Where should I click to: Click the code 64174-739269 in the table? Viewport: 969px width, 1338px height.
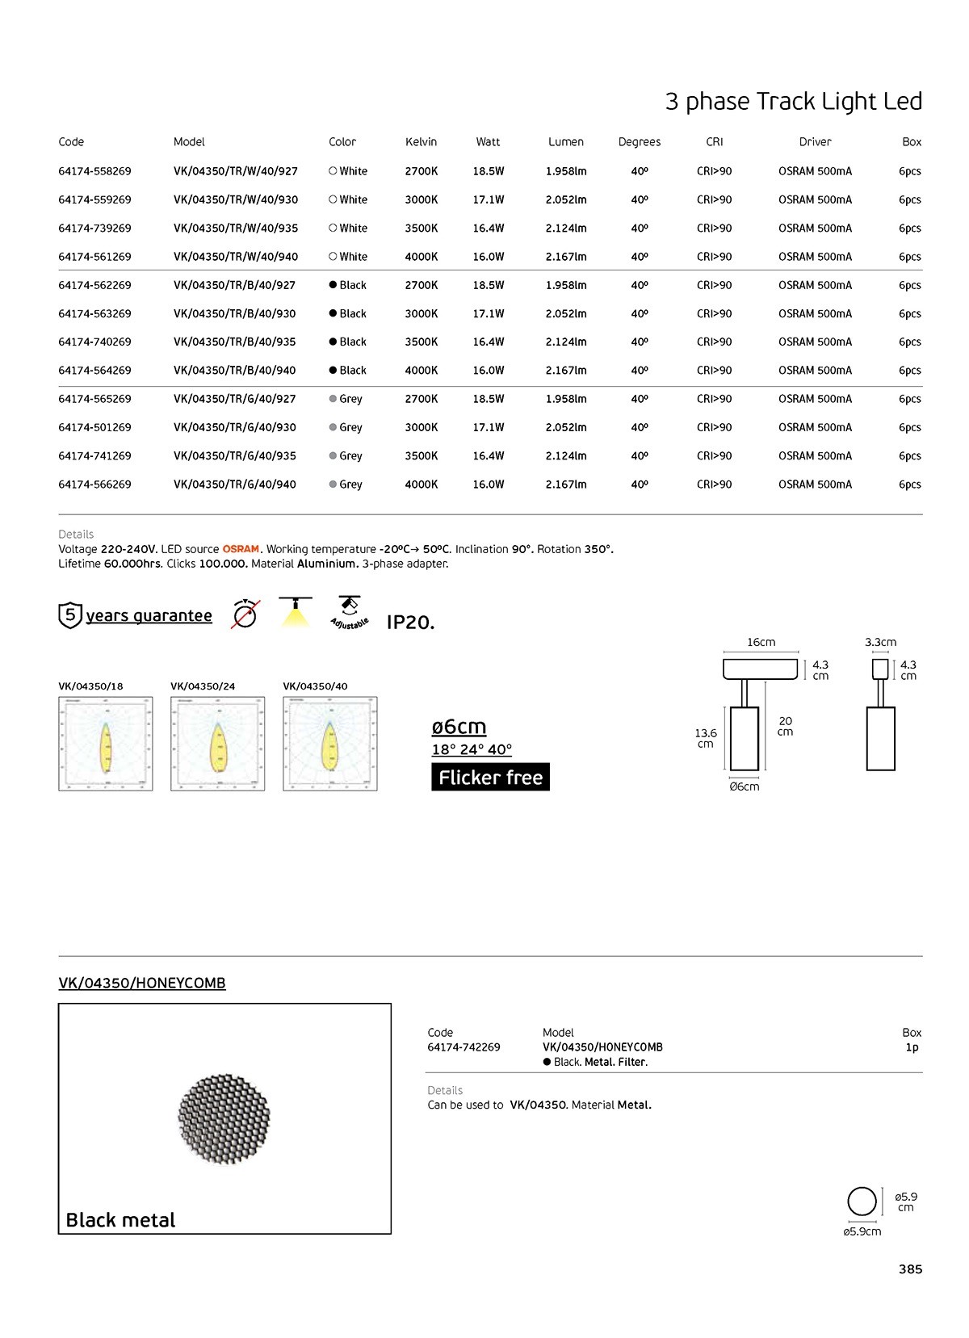click(94, 229)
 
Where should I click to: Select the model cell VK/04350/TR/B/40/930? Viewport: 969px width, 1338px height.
click(234, 314)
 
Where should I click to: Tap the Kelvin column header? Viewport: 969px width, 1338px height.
click(421, 142)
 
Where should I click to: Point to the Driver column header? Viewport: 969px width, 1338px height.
click(815, 142)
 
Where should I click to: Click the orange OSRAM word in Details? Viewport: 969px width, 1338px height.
click(241, 549)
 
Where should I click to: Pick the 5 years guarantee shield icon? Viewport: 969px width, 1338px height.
click(70, 615)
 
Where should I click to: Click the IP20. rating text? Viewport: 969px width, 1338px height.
click(410, 623)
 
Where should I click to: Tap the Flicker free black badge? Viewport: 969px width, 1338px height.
click(490, 777)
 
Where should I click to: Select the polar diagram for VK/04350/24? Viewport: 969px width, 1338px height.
click(217, 744)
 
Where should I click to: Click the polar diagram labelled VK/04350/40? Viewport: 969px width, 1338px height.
click(329, 744)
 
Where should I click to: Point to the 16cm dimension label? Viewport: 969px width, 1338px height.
click(761, 643)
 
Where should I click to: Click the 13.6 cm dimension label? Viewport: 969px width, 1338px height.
click(706, 738)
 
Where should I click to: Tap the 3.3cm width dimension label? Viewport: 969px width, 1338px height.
click(880, 643)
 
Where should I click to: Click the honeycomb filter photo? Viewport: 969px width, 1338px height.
click(224, 1118)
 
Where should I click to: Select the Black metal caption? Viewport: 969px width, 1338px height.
click(120, 1220)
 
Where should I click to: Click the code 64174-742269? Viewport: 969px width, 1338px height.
click(464, 1047)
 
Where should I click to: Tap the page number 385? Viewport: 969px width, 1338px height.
click(910, 1269)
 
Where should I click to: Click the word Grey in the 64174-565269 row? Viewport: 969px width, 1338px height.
click(350, 399)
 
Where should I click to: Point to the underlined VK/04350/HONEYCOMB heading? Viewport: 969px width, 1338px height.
click(142, 984)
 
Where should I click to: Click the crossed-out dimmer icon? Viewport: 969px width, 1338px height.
click(245, 614)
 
